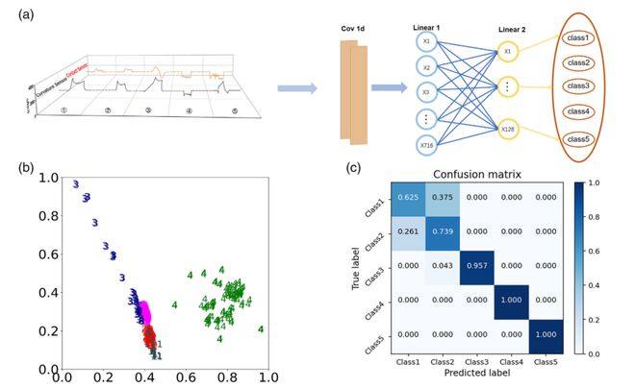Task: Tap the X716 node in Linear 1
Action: click(426, 145)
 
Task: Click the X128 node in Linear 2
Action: click(508, 128)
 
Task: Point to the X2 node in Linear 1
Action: click(426, 69)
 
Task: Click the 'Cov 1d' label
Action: click(352, 29)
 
